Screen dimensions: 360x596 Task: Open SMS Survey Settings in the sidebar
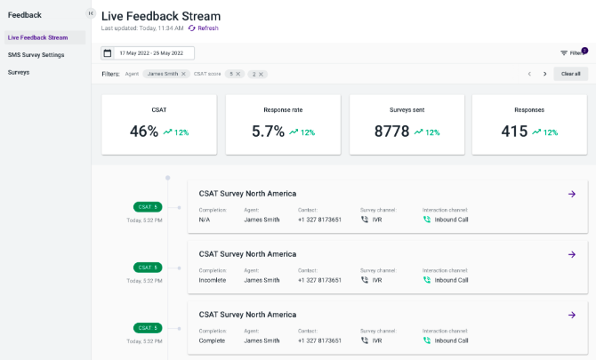pyautogui.click(x=36, y=55)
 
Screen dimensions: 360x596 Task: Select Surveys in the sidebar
pyautogui.click(x=19, y=72)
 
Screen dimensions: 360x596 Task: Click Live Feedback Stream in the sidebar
pyautogui.click(x=37, y=37)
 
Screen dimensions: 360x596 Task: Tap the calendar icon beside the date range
pyautogui.click(x=107, y=53)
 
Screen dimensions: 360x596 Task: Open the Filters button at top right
pyautogui.click(x=571, y=53)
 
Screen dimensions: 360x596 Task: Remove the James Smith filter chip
pyautogui.click(x=184, y=74)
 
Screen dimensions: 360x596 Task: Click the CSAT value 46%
pyautogui.click(x=143, y=132)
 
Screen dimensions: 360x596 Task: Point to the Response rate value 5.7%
pyautogui.click(x=267, y=132)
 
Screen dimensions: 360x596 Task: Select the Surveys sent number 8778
pyautogui.click(x=391, y=132)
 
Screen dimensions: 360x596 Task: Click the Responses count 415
pyautogui.click(x=514, y=132)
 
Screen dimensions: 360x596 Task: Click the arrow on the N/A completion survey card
pyautogui.click(x=572, y=193)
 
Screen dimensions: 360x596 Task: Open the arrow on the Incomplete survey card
pyautogui.click(x=572, y=254)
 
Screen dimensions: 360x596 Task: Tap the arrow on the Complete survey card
pyautogui.click(x=572, y=315)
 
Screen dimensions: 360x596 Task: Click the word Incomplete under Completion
pyautogui.click(x=213, y=280)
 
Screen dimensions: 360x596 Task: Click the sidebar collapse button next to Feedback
pyautogui.click(x=91, y=13)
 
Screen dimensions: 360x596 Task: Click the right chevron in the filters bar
pyautogui.click(x=544, y=74)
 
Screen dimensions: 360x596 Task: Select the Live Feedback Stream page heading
pyautogui.click(x=161, y=16)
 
